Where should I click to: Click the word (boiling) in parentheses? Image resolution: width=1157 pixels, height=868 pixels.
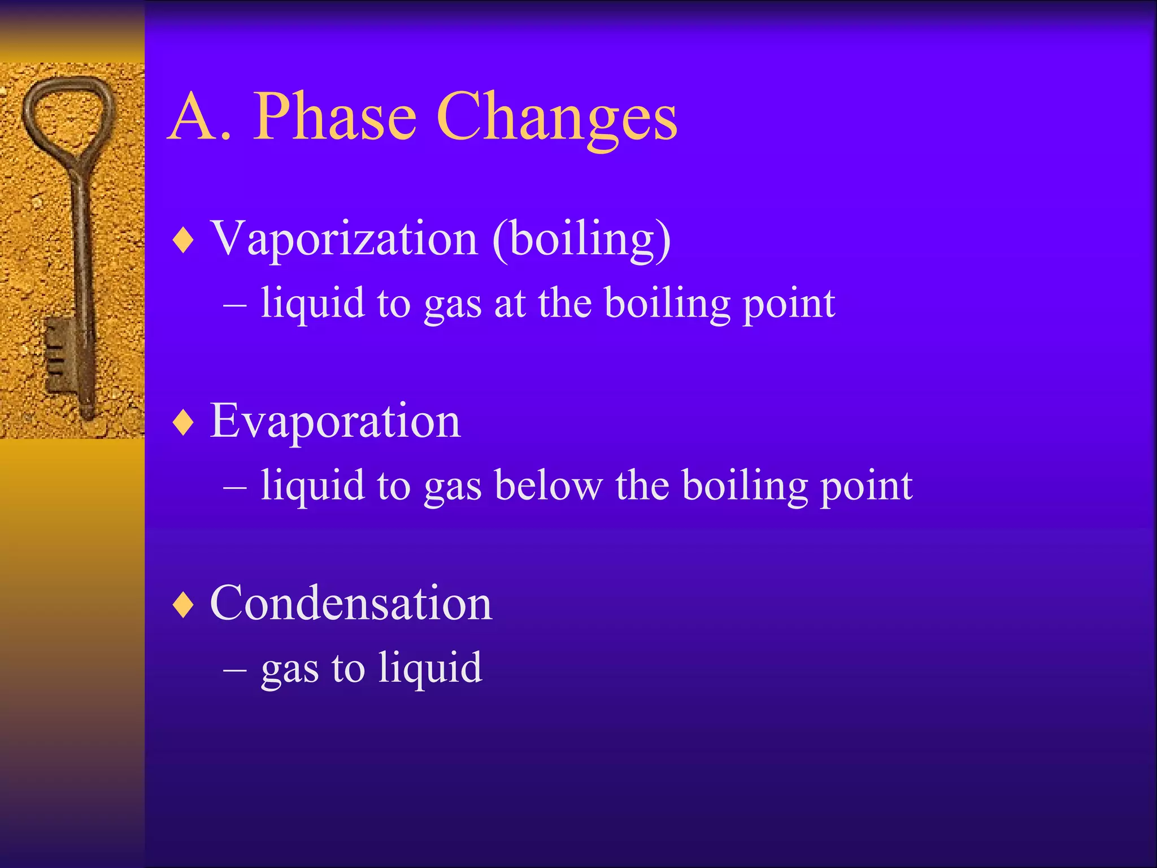click(x=582, y=240)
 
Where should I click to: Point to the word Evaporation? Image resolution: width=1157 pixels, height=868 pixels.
click(x=335, y=421)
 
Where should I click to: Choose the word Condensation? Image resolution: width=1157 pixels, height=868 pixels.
click(x=351, y=604)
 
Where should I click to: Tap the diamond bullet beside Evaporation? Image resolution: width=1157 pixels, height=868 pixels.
click(x=184, y=423)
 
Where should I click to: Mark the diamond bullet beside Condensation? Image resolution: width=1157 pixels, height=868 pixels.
click(x=184, y=605)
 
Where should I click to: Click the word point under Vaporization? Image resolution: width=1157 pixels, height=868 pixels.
click(x=789, y=305)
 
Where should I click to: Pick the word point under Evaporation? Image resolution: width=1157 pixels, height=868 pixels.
click(x=866, y=487)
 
